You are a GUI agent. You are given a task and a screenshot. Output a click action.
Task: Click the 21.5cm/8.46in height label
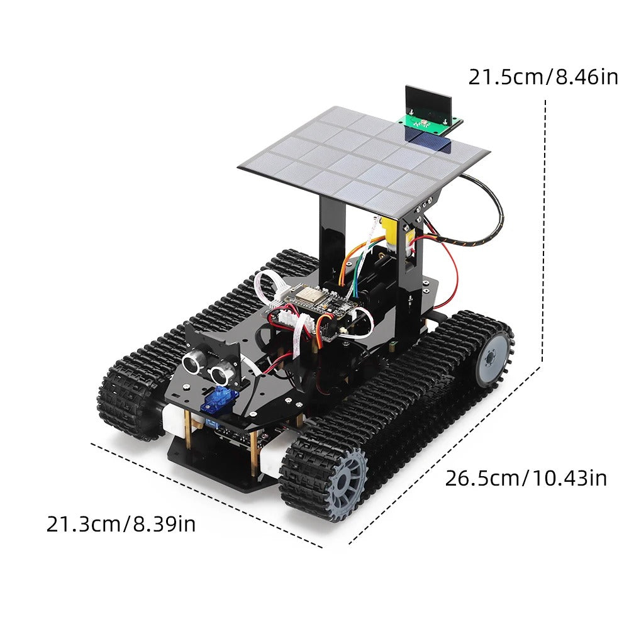coord(543,77)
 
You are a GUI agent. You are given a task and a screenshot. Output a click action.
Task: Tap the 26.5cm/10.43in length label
coord(526,477)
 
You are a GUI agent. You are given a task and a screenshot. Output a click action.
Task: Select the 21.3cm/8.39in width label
coord(121,523)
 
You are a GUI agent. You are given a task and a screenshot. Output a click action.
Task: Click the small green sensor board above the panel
coord(430,123)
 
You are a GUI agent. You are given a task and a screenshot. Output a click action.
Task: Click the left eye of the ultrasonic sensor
coord(193,361)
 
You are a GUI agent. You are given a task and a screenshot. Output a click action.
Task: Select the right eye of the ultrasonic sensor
coord(221,374)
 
